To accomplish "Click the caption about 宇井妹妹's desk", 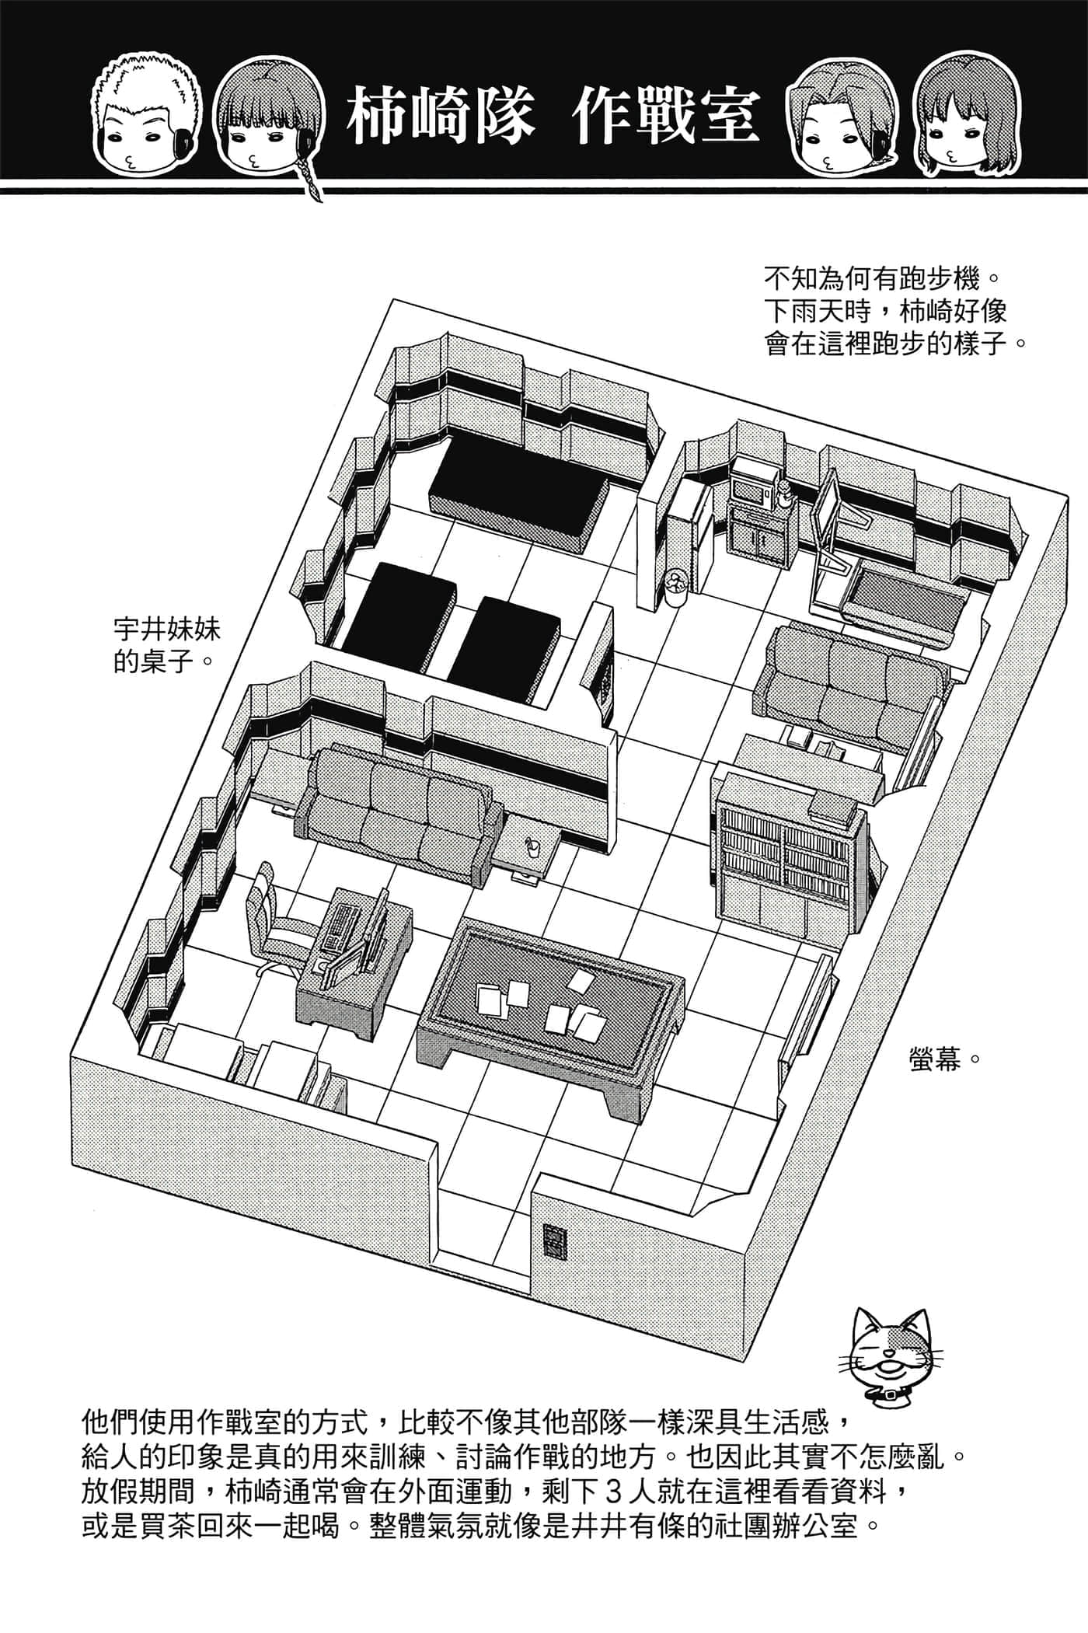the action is (168, 645).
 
